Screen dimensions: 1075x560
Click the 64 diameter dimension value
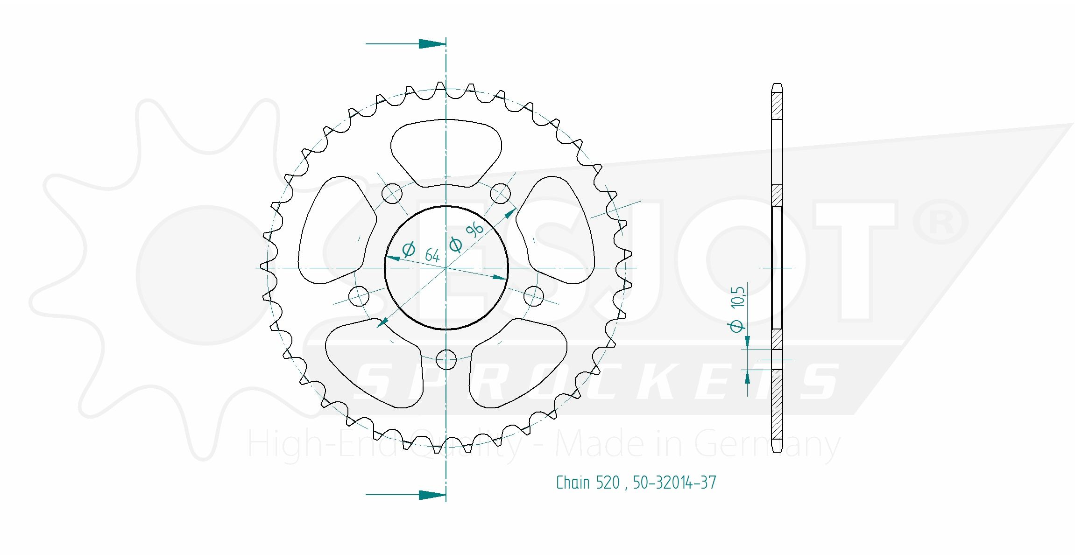(432, 255)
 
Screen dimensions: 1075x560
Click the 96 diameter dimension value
(474, 230)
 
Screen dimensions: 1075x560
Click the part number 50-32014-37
(674, 483)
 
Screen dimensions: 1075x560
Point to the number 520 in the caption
(608, 483)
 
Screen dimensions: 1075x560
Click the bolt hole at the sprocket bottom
(446, 359)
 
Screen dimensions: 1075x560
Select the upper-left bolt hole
(392, 193)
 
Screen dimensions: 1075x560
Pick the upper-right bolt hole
(500, 193)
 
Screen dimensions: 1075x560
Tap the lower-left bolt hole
(359, 296)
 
